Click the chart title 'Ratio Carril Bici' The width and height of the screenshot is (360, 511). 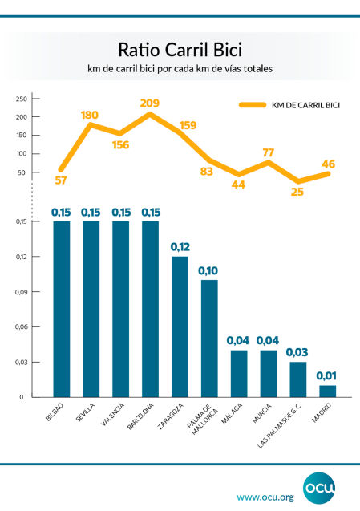pos(180,51)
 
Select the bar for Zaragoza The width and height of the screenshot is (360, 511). pos(180,326)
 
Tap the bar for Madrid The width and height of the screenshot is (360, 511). pos(328,391)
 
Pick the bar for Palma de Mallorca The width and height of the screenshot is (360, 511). pos(209,338)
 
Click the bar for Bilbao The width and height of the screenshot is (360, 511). pos(62,309)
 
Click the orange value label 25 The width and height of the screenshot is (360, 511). pos(297,193)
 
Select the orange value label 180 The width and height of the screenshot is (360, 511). pos(90,115)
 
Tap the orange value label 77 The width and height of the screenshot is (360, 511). pos(269,152)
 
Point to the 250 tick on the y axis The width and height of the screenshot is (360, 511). pos(22,99)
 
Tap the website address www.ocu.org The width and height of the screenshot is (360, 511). pos(265,497)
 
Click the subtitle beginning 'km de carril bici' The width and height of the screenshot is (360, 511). pos(180,70)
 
